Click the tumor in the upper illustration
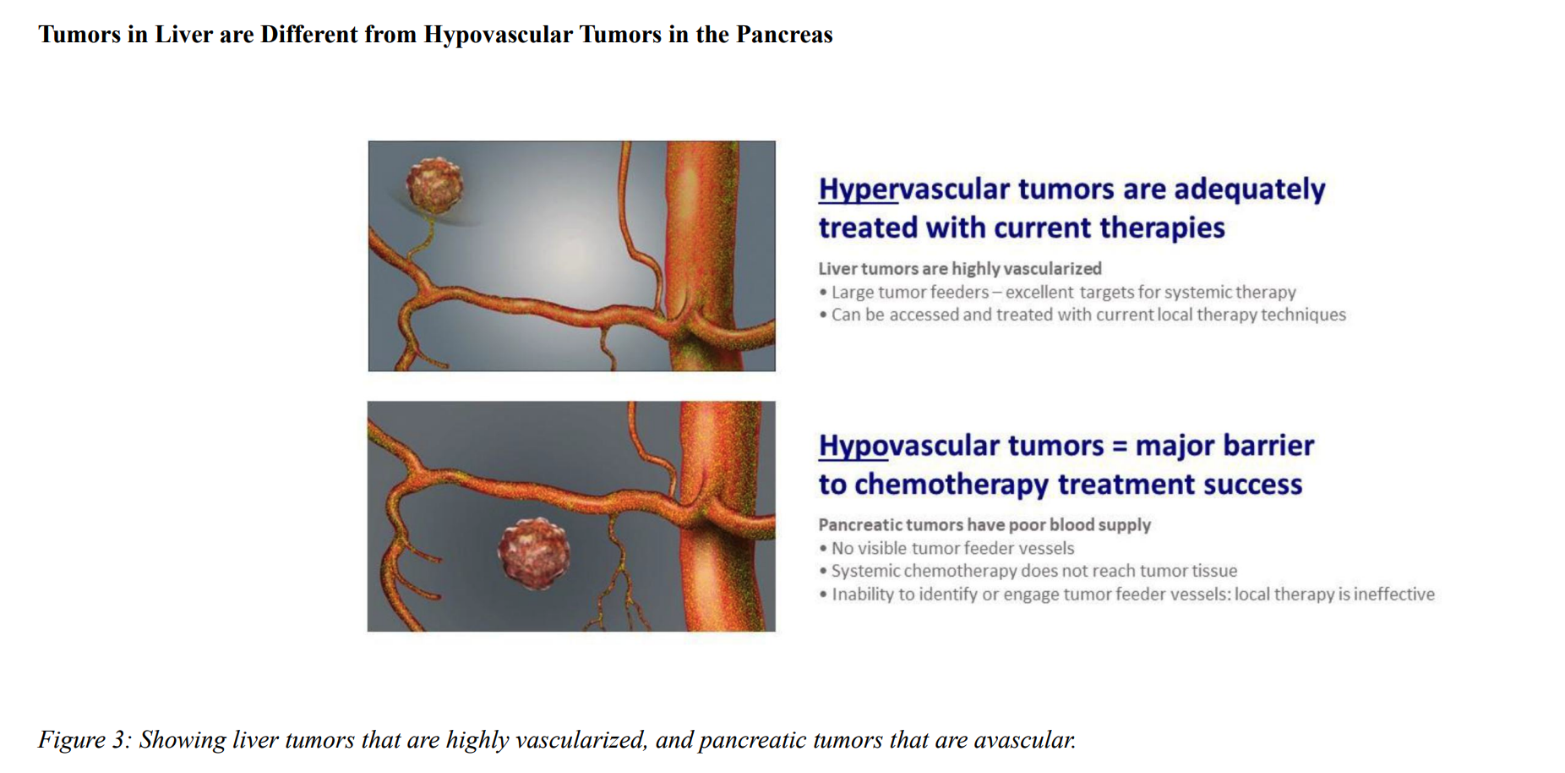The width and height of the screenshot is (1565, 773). [x=434, y=184]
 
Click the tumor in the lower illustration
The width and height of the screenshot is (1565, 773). [x=534, y=553]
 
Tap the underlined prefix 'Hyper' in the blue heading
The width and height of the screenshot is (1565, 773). [x=858, y=189]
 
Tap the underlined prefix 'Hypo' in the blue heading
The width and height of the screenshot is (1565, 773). [x=853, y=446]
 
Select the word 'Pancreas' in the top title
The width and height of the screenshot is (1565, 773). [x=784, y=35]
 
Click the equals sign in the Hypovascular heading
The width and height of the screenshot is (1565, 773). [x=1120, y=447]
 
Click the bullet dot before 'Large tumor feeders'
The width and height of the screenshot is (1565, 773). [x=823, y=293]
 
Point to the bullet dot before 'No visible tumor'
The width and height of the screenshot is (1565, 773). [x=823, y=549]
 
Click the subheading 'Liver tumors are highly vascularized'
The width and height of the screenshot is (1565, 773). [x=960, y=269]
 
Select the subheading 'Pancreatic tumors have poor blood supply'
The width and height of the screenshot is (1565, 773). [x=984, y=525]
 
